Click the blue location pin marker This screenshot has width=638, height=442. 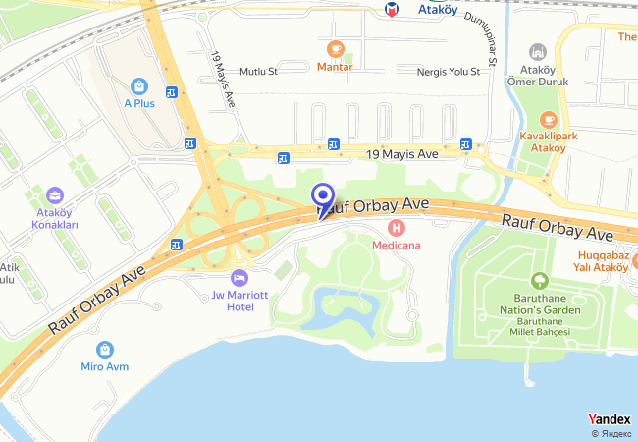tap(321, 196)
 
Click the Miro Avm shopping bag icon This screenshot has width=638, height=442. tap(104, 349)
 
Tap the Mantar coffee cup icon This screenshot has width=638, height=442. tap(335, 49)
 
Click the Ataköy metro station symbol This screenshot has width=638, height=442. tap(393, 9)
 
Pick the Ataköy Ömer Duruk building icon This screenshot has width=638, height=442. tap(537, 51)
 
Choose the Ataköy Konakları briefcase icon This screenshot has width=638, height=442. tap(57, 193)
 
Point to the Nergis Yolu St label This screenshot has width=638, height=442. tap(448, 72)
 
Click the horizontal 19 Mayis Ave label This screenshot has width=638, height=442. tap(401, 154)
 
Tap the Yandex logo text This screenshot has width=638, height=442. tap(609, 418)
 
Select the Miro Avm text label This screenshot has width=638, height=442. tap(104, 367)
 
